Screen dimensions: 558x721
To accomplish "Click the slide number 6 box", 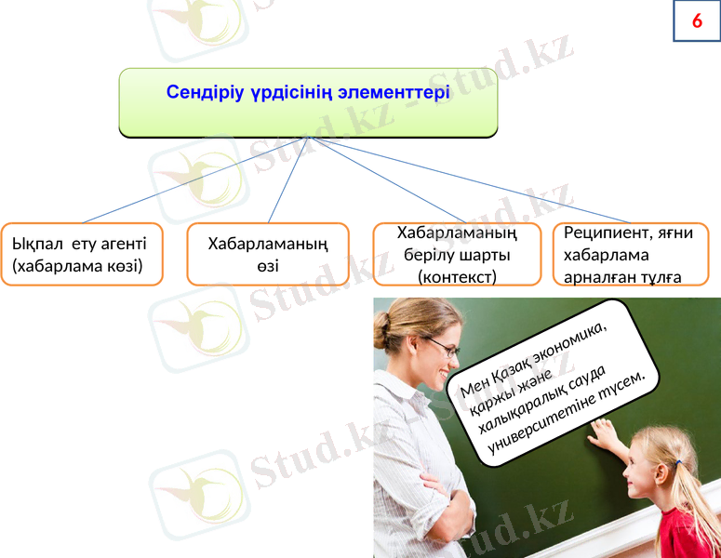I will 696,21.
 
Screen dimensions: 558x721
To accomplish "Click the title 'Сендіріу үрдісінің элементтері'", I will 308,93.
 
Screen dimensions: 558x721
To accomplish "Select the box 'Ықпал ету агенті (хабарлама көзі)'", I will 81,254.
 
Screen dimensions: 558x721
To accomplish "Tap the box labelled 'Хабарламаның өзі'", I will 268,254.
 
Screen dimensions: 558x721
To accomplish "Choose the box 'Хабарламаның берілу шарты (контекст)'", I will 457,254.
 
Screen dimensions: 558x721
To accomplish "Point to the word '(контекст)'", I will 457,276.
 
